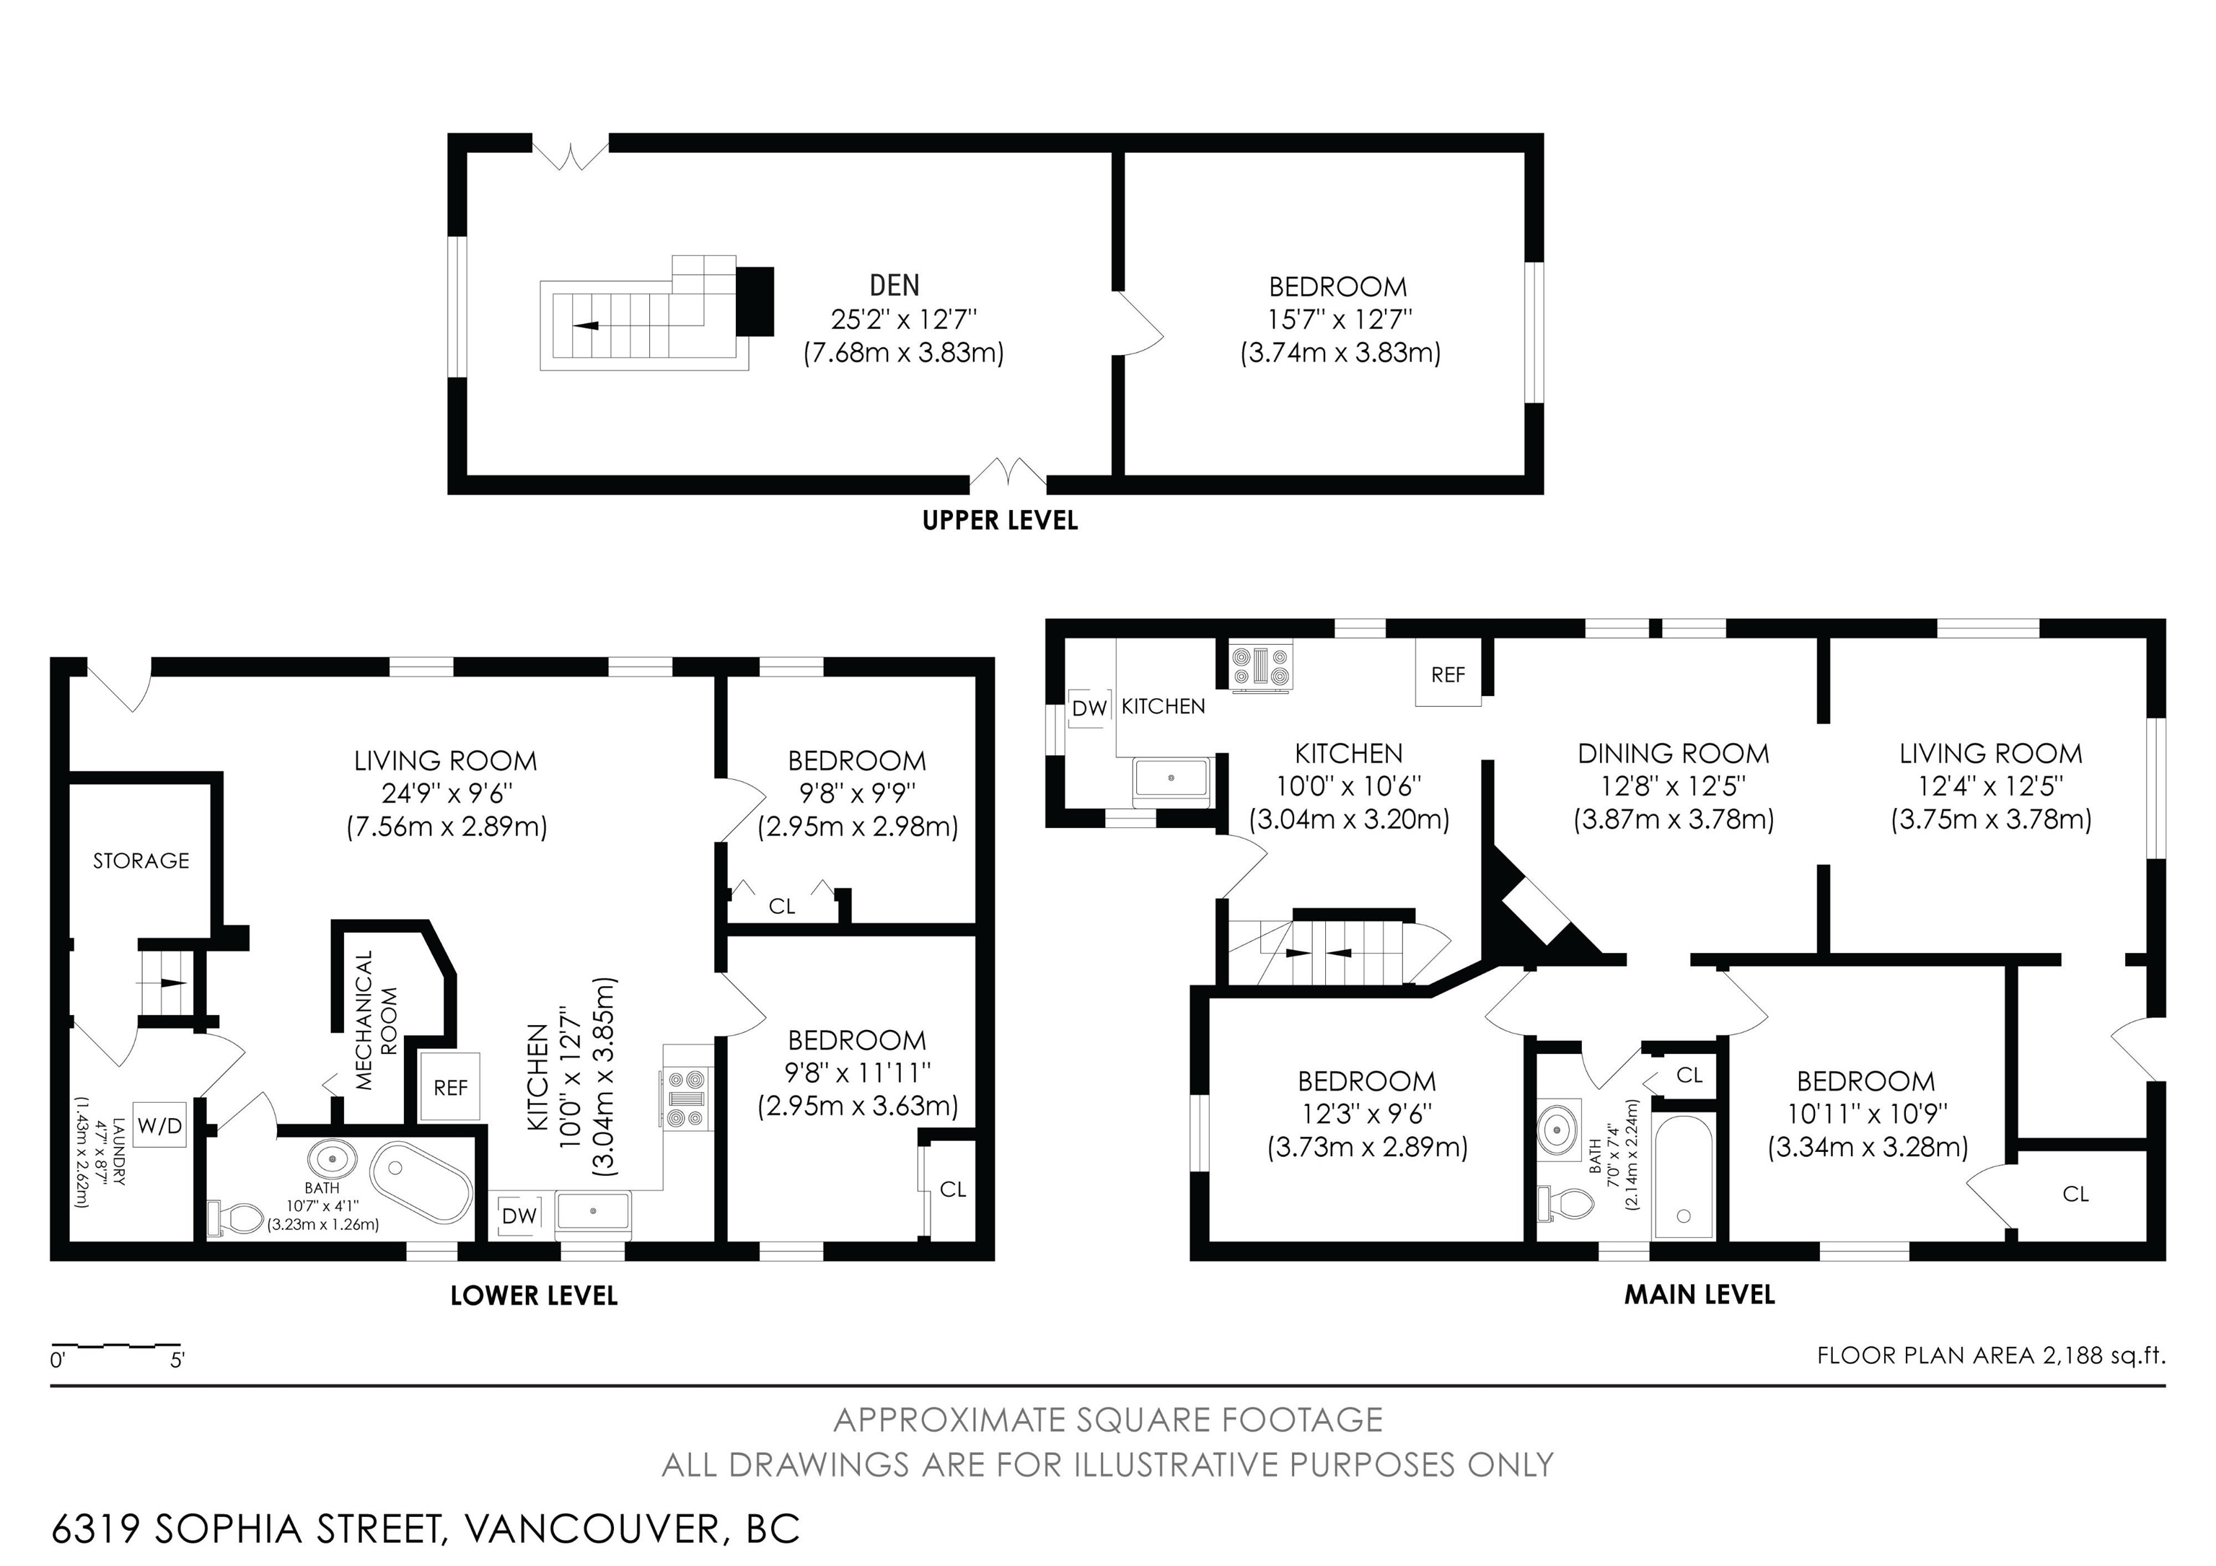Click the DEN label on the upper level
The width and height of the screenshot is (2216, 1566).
(x=894, y=285)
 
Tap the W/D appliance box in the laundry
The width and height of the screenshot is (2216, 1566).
(x=160, y=1125)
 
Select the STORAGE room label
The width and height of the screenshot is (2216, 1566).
(x=141, y=861)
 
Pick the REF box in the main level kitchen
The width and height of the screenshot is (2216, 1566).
(x=1448, y=674)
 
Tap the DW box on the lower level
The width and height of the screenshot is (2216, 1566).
(x=519, y=1215)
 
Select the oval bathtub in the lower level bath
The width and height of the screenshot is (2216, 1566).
(x=422, y=1183)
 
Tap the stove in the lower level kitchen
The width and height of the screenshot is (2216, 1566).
(x=686, y=1098)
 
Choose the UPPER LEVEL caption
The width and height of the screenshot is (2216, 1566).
(x=1000, y=521)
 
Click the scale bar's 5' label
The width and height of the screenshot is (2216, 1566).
(x=177, y=1361)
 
